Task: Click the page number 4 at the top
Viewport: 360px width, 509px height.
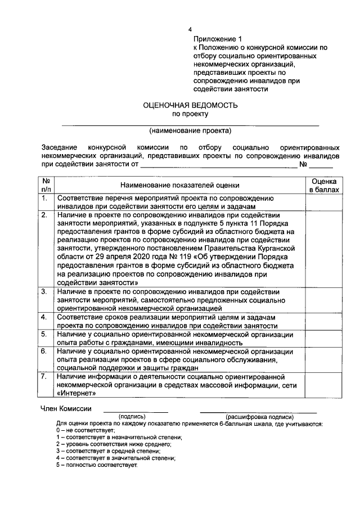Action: [x=190, y=29]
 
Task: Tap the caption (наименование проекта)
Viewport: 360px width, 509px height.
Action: [x=190, y=131]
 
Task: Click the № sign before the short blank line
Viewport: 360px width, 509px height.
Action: [x=303, y=165]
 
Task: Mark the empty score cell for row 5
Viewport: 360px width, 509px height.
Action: [x=324, y=339]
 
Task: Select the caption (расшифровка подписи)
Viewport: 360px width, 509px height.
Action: [x=260, y=416]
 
